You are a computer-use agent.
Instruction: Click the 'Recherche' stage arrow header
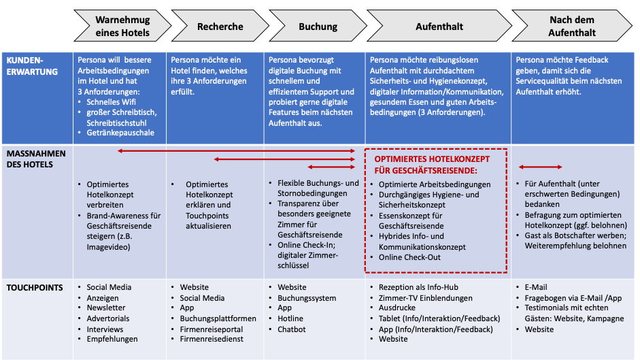pyautogui.click(x=220, y=27)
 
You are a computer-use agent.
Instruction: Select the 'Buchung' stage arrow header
pyautogui.click(x=318, y=27)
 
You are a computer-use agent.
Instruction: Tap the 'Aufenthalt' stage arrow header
pyautogui.click(x=439, y=27)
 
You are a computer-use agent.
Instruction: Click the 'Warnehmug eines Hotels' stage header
pyautogui.click(x=122, y=27)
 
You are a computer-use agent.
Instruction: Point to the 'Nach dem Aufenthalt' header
pyautogui.click(x=572, y=27)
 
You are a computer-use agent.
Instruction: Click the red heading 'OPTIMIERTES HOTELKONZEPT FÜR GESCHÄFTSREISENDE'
pyautogui.click(x=433, y=164)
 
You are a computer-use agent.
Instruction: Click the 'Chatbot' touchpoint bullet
pyautogui.click(x=292, y=329)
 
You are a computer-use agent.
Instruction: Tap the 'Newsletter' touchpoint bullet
pyautogui.click(x=106, y=308)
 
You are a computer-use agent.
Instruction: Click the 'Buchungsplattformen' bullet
pyautogui.click(x=218, y=318)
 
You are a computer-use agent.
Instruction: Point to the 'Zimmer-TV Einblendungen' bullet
pyautogui.click(x=425, y=298)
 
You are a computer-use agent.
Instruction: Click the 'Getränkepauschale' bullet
pyautogui.click(x=120, y=133)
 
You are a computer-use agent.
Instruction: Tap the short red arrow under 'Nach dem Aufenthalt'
pyautogui.click(x=540, y=167)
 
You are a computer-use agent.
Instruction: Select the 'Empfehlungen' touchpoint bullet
pyautogui.click(x=112, y=339)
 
